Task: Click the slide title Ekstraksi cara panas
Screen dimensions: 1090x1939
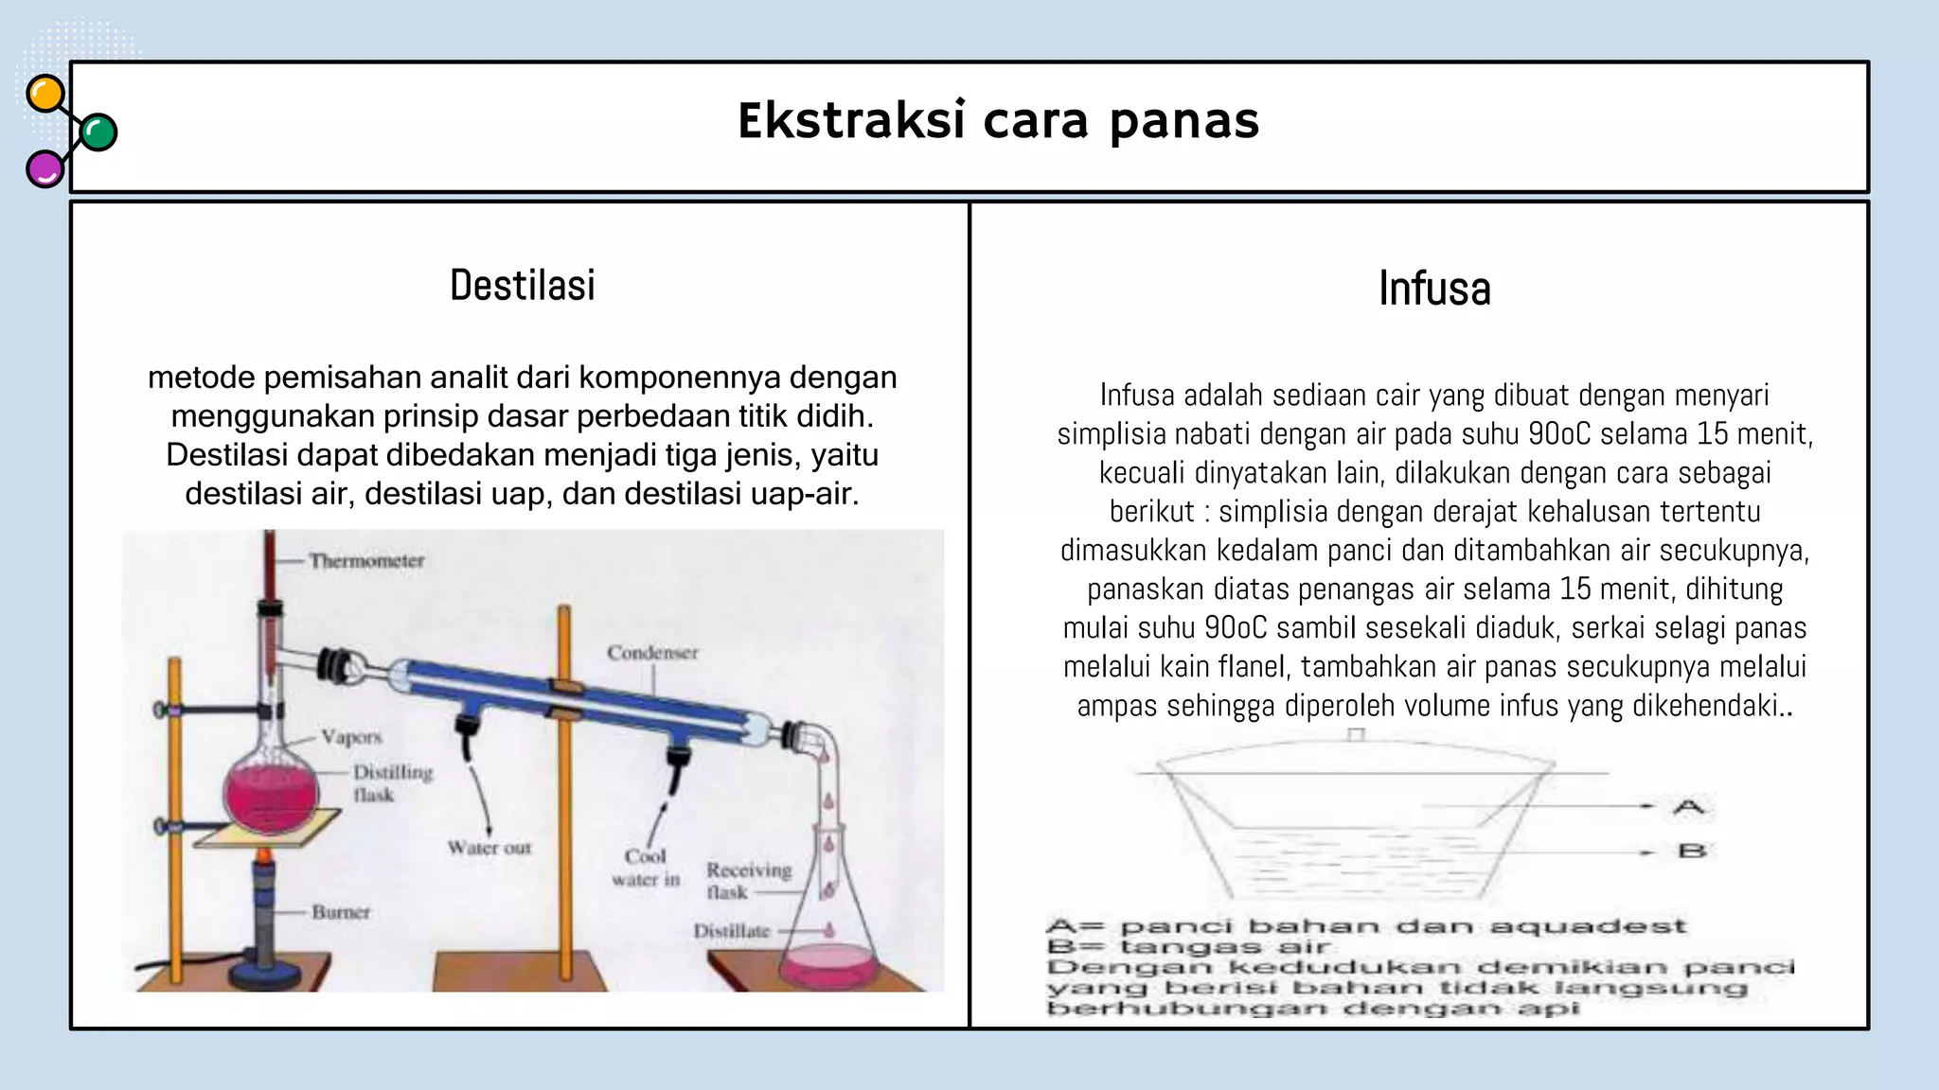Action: tap(998, 121)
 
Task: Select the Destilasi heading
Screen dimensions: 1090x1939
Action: tap(523, 285)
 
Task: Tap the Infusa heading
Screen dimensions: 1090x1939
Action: tap(1434, 289)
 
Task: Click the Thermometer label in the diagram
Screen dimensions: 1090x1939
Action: tap(366, 560)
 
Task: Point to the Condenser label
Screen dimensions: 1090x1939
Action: tap(652, 652)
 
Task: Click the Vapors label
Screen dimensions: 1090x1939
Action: tap(351, 736)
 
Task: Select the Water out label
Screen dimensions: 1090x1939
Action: tap(489, 848)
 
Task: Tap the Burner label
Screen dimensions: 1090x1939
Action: tap(341, 912)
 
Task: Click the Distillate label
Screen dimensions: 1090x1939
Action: tap(731, 931)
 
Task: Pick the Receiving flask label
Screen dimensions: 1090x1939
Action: tap(748, 880)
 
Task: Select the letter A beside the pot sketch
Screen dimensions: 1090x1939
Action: tap(1689, 807)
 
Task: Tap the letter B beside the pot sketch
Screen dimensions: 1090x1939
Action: tap(1691, 851)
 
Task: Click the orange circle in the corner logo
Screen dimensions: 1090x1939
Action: tap(44, 95)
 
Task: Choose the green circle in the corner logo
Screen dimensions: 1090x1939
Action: tap(98, 132)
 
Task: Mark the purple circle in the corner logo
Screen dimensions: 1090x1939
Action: tap(44, 169)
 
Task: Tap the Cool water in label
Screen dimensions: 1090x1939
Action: tap(646, 868)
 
